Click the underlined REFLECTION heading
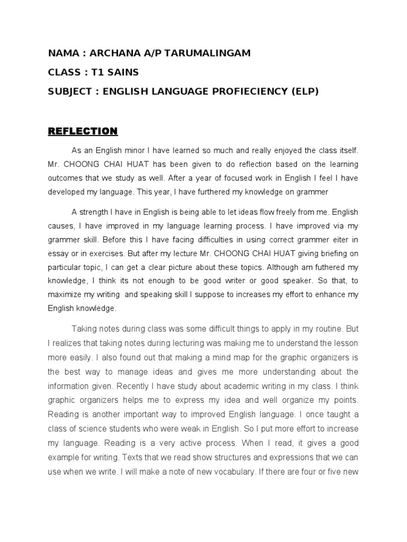click(x=83, y=131)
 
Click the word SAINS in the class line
click(x=125, y=72)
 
